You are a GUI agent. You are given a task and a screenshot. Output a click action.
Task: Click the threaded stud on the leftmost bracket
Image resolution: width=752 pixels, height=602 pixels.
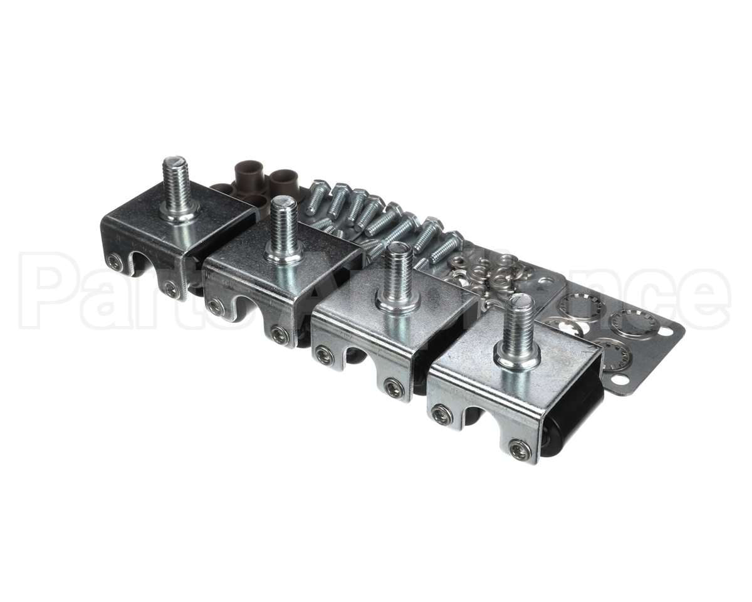176,179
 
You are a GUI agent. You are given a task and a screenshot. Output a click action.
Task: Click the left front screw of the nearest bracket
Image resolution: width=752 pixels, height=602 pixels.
442,415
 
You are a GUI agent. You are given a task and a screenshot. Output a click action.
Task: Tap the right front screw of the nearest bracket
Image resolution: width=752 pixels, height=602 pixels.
520,448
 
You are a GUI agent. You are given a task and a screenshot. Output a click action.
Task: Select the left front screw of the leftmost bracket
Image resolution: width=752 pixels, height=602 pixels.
115,263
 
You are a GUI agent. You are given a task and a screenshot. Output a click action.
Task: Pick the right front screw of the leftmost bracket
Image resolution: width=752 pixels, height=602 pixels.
170,288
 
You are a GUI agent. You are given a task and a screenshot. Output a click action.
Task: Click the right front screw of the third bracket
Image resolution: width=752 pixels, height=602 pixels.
394,388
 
